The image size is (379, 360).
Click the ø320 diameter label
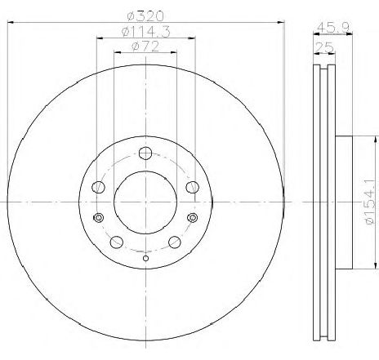pyautogui.click(x=145, y=16)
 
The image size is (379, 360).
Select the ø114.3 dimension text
pyautogui.click(x=146, y=32)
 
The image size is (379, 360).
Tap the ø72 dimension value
pyautogui.click(x=145, y=47)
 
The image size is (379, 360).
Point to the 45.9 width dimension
pyautogui.click(x=333, y=27)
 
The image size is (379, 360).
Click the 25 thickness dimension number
pyautogui.click(x=324, y=48)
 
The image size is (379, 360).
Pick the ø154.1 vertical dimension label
pyautogui.click(x=372, y=202)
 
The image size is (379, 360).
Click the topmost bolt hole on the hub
pyautogui.click(x=145, y=153)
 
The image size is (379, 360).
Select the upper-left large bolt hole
pyautogui.click(x=98, y=187)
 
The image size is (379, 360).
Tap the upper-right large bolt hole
pyautogui.click(x=193, y=187)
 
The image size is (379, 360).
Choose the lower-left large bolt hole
pyautogui.click(x=117, y=242)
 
